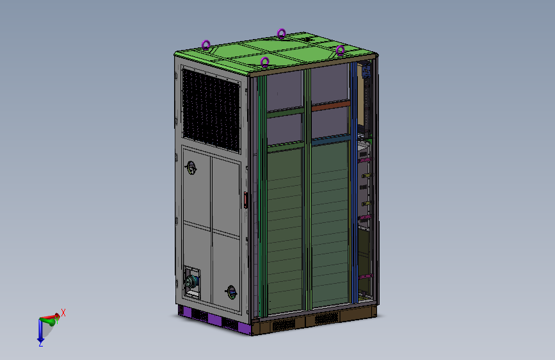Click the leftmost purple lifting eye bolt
point(205,45)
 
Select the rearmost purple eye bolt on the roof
point(281,33)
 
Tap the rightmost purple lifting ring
point(341,50)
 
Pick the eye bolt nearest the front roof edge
point(264,62)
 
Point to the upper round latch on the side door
point(191,167)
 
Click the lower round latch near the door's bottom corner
point(232,292)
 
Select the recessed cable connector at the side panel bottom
point(190,282)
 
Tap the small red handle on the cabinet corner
point(246,200)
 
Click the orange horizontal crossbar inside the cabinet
point(331,107)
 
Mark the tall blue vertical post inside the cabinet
point(354,192)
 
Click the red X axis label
point(63,313)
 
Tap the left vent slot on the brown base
point(285,325)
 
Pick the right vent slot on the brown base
point(326,319)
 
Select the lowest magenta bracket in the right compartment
point(364,276)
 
